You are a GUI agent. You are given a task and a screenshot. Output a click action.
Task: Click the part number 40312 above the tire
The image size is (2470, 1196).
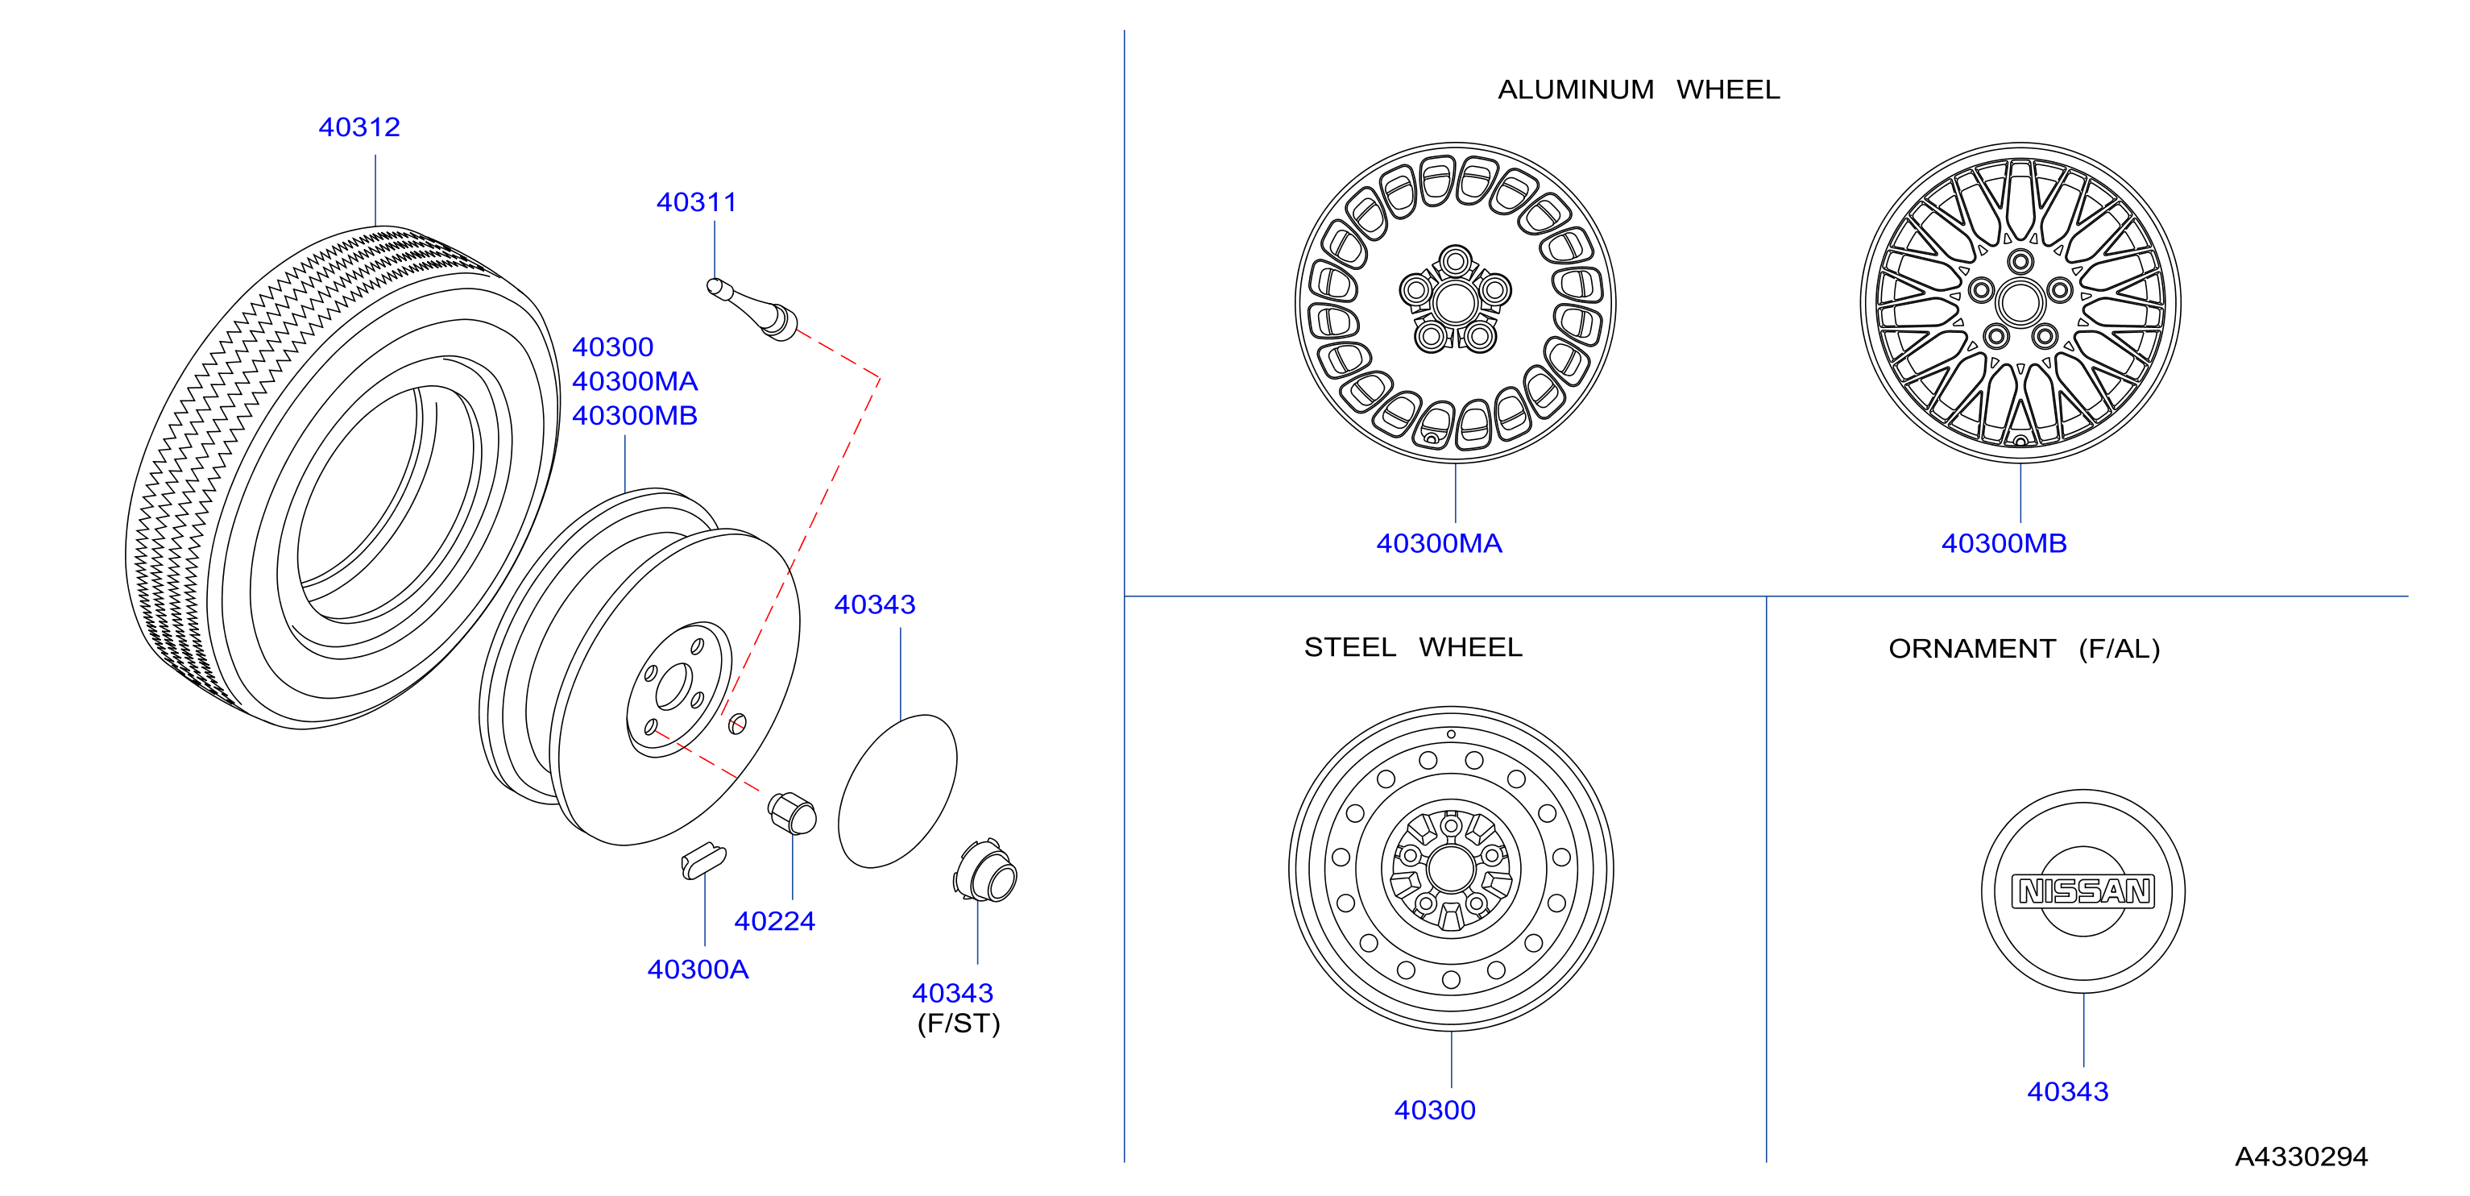click(358, 127)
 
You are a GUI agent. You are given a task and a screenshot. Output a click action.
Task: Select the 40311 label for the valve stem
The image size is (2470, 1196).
click(696, 202)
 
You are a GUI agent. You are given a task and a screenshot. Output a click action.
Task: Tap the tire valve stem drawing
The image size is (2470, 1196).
click(752, 309)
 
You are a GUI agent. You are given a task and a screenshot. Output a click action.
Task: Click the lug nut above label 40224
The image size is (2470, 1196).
click(792, 813)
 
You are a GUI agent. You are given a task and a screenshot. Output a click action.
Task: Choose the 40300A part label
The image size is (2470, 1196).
click(698, 969)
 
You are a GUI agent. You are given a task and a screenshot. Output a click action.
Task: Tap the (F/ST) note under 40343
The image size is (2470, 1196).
click(959, 1024)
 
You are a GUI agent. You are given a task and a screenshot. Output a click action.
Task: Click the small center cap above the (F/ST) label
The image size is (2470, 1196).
click(986, 872)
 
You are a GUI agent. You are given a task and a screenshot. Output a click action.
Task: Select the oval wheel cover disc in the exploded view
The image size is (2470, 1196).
click(897, 791)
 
